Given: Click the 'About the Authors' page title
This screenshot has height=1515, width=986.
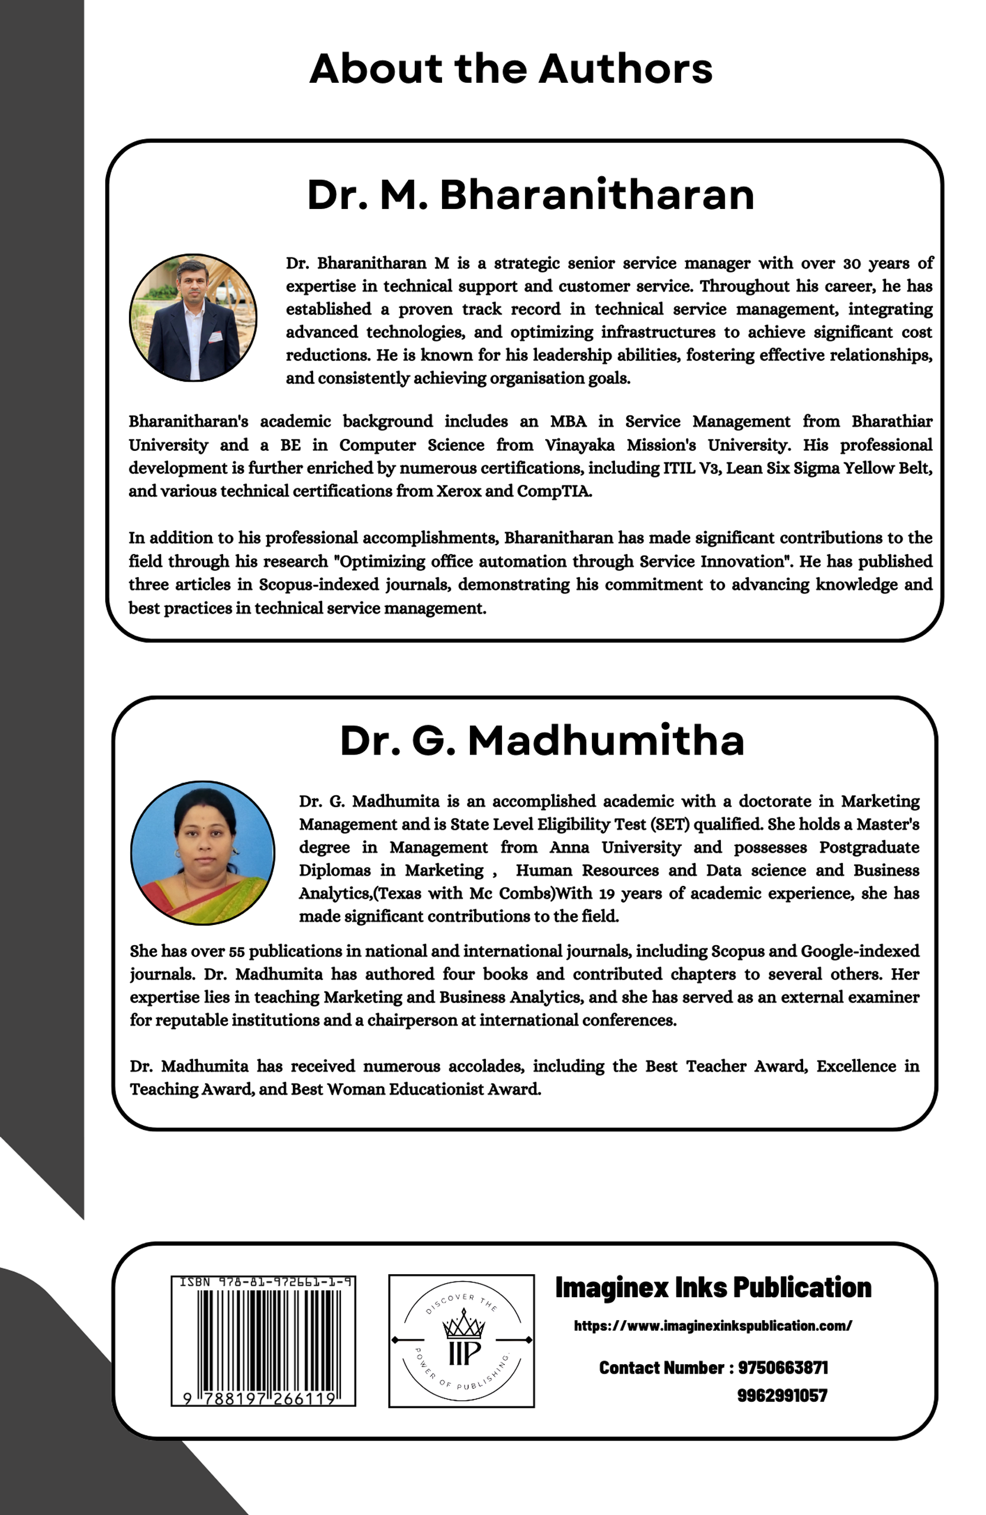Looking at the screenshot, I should point(511,69).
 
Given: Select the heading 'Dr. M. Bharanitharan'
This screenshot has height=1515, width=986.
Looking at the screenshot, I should point(530,195).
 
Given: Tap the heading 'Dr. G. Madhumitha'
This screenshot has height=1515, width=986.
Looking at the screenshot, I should point(542,740).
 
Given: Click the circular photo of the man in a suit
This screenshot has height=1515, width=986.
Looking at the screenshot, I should point(193,318).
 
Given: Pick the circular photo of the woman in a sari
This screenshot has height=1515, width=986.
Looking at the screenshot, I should point(202,852).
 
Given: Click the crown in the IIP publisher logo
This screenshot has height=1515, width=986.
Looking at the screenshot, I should point(463,1324).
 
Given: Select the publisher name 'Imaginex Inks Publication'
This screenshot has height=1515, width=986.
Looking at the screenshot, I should point(713,1288).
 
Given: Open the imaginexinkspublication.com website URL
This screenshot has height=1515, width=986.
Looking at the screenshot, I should point(713,1325).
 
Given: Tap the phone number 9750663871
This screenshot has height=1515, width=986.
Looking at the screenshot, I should point(783,1367).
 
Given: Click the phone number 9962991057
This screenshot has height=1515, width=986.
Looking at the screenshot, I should point(782,1395).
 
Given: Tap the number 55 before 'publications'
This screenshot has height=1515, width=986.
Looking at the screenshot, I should point(237,951).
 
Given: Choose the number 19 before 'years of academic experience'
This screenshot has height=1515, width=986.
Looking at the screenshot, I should point(607,893).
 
